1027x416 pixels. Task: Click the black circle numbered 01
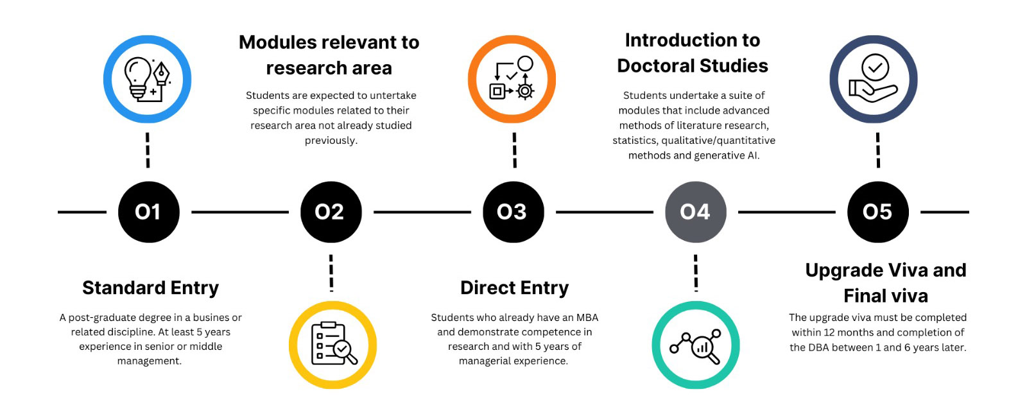pos(148,212)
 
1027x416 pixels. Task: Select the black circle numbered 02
pos(331,212)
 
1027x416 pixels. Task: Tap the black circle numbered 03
pos(513,212)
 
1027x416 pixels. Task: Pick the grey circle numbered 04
pos(695,212)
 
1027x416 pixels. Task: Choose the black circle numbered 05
pos(877,212)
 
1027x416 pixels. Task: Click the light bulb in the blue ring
pos(137,77)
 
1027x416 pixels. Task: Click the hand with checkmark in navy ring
pos(874,80)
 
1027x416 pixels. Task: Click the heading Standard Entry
pos(150,288)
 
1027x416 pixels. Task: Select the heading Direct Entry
pos(514,288)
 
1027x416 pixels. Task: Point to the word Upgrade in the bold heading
pos(844,270)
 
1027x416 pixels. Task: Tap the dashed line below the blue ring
pos(148,150)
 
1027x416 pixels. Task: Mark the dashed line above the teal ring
pos(696,273)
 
